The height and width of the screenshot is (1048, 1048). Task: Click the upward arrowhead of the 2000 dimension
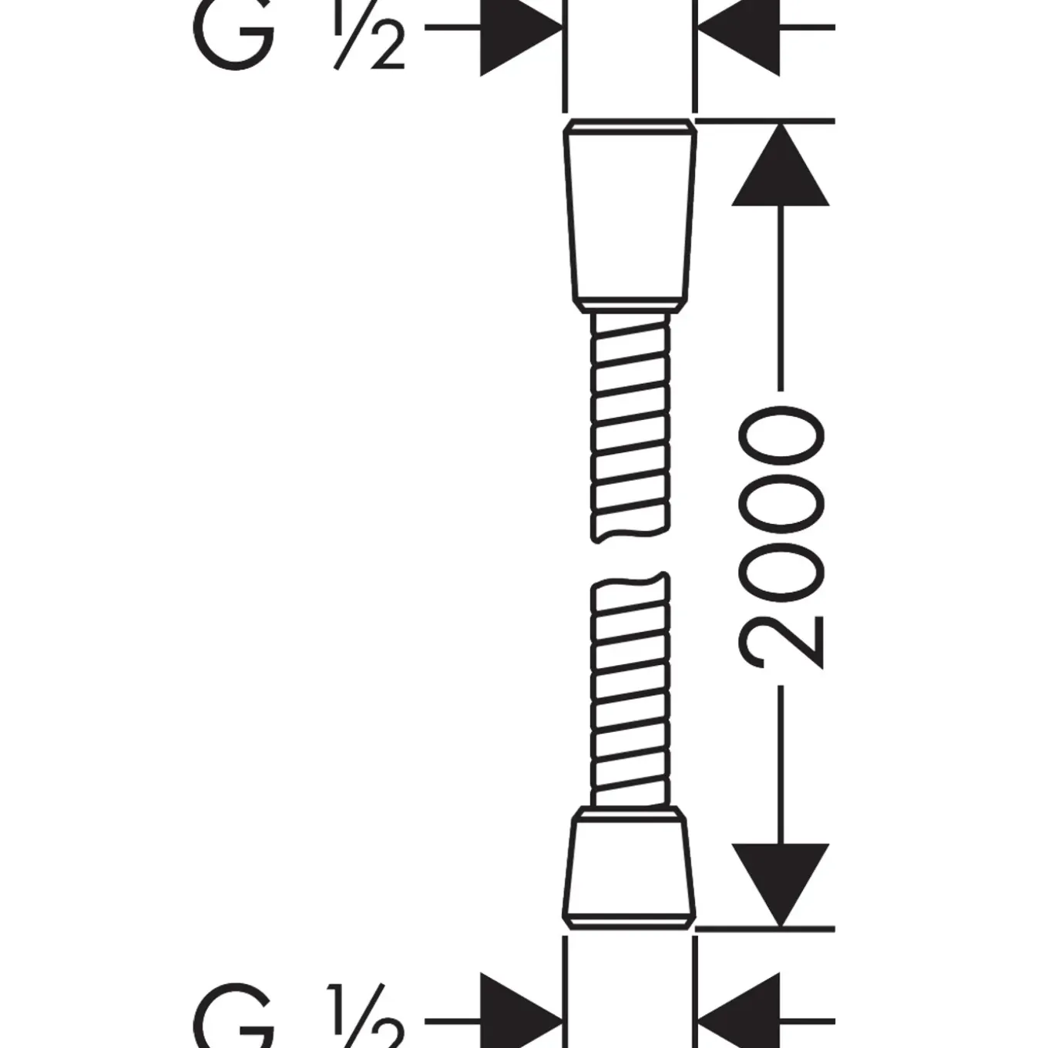(781, 165)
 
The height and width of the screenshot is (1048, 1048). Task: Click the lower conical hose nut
(630, 875)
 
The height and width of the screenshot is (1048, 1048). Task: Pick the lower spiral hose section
(630, 690)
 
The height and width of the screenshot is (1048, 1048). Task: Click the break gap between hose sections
(630, 557)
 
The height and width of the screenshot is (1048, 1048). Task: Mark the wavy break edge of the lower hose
(630, 582)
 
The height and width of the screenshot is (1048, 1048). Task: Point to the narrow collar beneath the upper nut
(630, 307)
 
